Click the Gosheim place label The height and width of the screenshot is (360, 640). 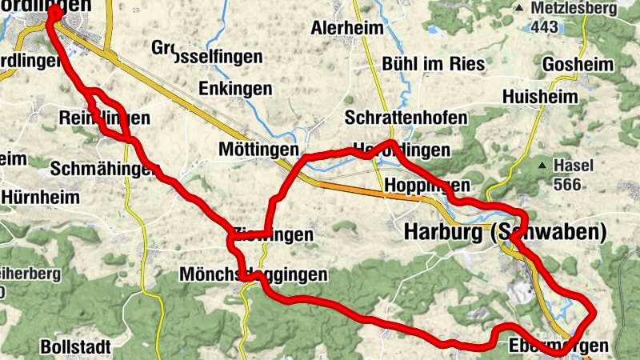(x=578, y=64)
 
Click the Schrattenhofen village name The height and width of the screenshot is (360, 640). (x=406, y=118)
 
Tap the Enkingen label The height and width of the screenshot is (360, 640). (x=235, y=86)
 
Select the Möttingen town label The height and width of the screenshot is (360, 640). (x=258, y=150)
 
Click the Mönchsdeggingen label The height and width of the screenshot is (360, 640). (x=254, y=274)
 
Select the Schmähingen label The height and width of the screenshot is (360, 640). (x=101, y=169)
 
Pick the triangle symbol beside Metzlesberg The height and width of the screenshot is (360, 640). (x=520, y=9)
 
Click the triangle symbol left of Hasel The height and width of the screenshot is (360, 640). (x=543, y=166)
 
